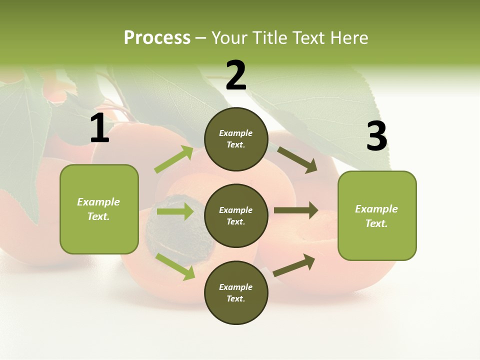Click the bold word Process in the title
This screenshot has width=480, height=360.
click(157, 38)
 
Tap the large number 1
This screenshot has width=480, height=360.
click(99, 128)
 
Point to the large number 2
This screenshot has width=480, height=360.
click(236, 75)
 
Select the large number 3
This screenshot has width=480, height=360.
click(376, 136)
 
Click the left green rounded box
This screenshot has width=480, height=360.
click(99, 209)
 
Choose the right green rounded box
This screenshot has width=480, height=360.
click(377, 215)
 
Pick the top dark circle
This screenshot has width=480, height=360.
click(236, 139)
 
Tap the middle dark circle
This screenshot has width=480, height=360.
click(236, 215)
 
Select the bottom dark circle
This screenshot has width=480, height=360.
click(236, 292)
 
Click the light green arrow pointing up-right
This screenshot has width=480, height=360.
click(174, 159)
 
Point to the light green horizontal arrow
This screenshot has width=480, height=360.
click(175, 211)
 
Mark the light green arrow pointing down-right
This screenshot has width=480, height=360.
click(175, 266)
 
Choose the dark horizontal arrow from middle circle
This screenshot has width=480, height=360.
click(296, 210)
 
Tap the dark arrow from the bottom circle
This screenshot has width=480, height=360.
click(294, 265)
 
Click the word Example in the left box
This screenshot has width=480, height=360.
click(98, 202)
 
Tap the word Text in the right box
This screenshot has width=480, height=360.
click(376, 223)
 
